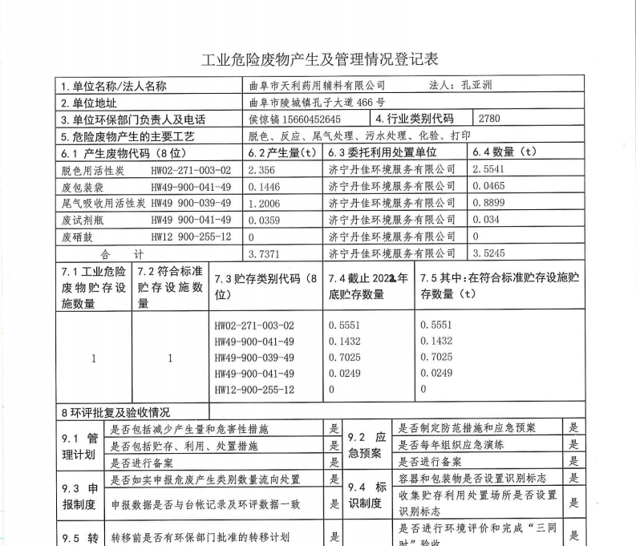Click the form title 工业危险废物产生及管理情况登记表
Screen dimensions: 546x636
pyautogui.click(x=318, y=59)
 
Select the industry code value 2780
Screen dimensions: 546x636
pyautogui.click(x=488, y=119)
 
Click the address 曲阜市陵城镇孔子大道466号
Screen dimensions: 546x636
pyautogui.click(x=317, y=103)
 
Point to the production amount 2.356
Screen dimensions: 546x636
pyautogui.click(x=262, y=169)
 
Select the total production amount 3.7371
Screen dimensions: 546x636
pyautogui.click(x=265, y=253)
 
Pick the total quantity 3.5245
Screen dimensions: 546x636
pyautogui.click(x=489, y=253)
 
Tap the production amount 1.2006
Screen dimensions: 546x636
pyautogui.click(x=265, y=203)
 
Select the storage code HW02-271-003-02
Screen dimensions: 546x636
pyautogui.click(x=254, y=326)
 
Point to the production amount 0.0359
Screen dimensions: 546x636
pyautogui.click(x=265, y=220)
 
